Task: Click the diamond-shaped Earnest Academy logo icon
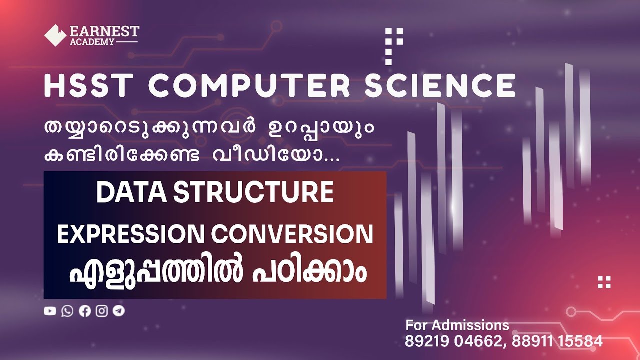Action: [55, 35]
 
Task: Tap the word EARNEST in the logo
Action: [105, 31]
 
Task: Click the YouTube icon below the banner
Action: [50, 311]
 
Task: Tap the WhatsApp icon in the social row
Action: [67, 311]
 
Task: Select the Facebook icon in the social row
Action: [85, 311]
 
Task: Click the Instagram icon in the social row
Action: [102, 311]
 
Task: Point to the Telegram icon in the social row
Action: [119, 311]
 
